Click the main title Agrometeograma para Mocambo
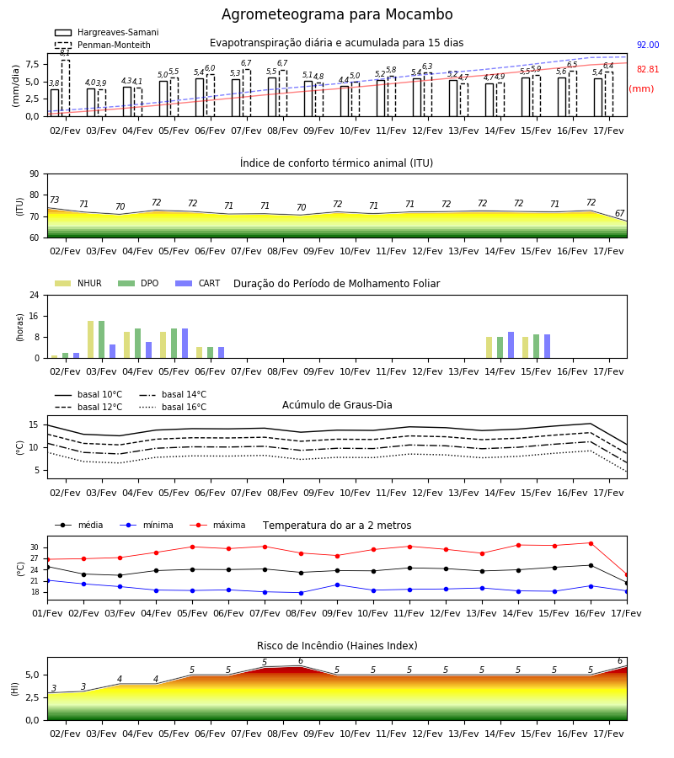337,14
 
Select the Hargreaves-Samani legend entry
107,32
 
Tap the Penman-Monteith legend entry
103,45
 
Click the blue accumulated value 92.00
648,45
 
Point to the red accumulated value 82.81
648,69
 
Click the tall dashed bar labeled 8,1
66,88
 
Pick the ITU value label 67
619,213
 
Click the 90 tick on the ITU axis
35,174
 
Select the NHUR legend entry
78,283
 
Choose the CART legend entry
198,283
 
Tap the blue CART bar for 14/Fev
511,345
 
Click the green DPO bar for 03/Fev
102,339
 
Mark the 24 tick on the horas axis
35,295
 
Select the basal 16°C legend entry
173,407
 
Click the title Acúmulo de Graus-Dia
337,405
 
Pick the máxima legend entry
217,525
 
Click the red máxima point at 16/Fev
591,543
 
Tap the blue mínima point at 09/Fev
338,585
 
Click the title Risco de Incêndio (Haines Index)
337,646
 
